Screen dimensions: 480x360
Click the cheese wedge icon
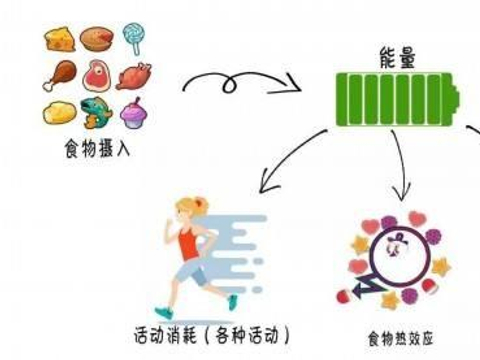[x=59, y=40]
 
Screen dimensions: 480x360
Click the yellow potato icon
[x=59, y=111]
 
